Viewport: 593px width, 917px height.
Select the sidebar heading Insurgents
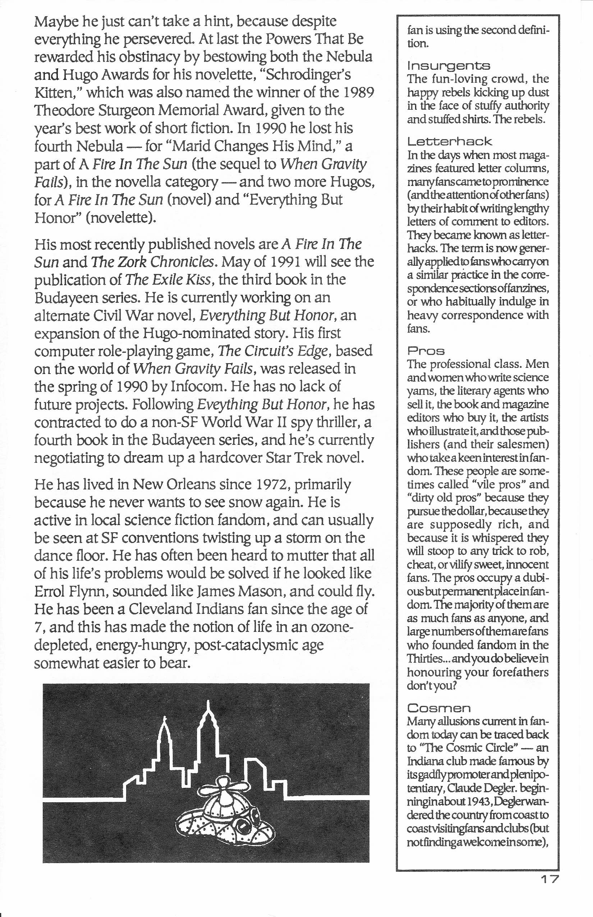click(x=449, y=66)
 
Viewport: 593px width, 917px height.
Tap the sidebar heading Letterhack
click(x=449, y=142)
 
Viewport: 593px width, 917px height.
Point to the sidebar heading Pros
click(x=426, y=351)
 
